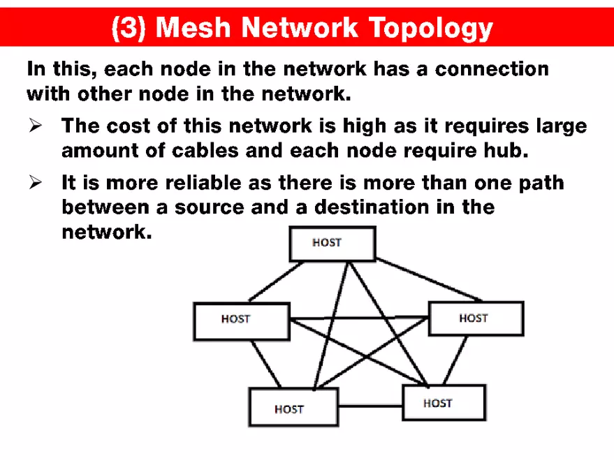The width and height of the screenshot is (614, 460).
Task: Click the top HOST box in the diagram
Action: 332,244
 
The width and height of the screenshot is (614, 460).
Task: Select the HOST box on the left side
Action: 241,320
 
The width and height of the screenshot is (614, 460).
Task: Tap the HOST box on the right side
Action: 476,318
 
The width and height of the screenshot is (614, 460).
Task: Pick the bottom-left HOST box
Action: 293,408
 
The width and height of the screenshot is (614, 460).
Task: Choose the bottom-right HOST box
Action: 444,403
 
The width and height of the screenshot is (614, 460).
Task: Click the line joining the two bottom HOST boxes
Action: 370,405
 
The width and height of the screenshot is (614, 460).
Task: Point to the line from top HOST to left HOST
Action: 269,281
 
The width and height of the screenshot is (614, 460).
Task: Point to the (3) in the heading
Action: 130,28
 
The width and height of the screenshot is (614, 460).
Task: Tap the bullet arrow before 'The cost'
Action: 36,126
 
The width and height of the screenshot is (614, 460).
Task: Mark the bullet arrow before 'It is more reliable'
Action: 36,183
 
